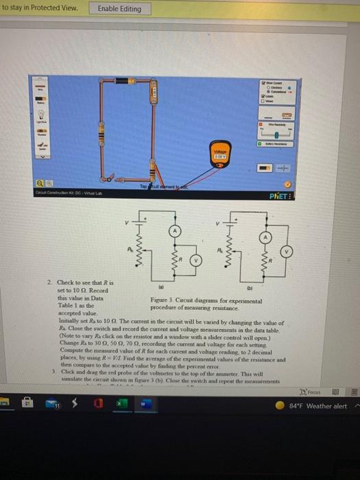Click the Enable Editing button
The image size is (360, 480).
click(119, 9)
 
